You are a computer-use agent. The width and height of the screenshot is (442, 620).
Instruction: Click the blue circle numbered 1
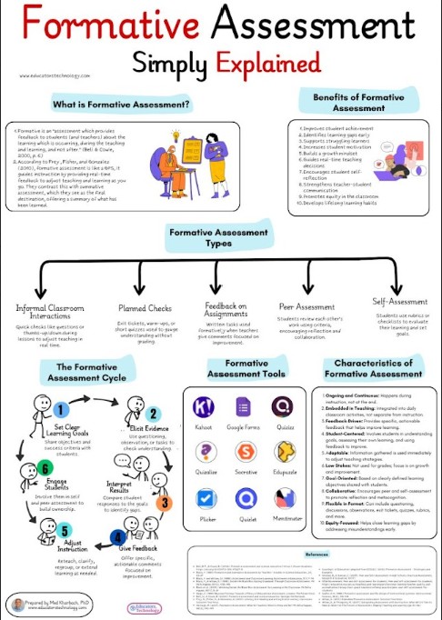coord(60,410)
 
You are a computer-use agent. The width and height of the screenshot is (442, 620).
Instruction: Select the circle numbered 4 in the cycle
coord(116,536)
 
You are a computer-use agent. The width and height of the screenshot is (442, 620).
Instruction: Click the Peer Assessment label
coord(302,308)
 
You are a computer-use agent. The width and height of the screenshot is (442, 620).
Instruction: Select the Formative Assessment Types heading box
coord(221,239)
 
